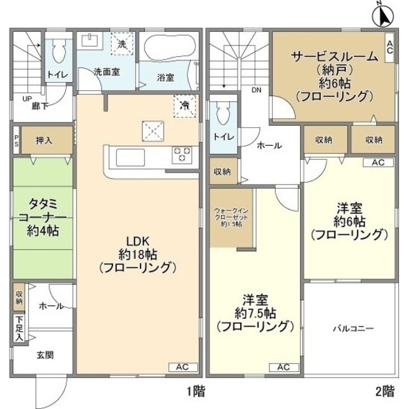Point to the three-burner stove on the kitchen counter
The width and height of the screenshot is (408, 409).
pos(183,154)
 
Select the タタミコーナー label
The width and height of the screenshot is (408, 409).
pos(43,217)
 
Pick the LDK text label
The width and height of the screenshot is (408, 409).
pos(137,241)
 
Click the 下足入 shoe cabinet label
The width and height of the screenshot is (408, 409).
pos(19,328)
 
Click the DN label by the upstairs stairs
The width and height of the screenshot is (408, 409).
pos(256,90)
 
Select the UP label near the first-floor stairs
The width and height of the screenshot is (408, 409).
pos(27,98)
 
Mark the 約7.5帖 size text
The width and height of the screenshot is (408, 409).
pos(255,314)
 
